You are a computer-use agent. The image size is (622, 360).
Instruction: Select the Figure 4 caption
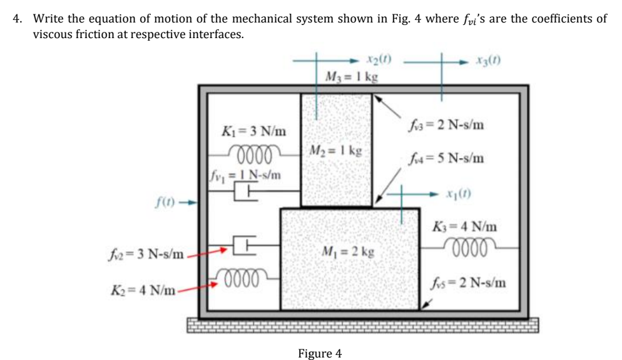(x=320, y=353)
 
